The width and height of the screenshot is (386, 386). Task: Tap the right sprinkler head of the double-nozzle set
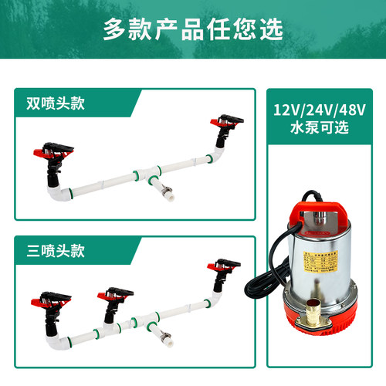pyautogui.click(x=225, y=124)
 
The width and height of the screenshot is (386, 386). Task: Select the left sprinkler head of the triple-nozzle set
pyautogui.click(x=48, y=298)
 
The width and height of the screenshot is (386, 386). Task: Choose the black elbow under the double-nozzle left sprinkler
pyautogui.click(x=56, y=180)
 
